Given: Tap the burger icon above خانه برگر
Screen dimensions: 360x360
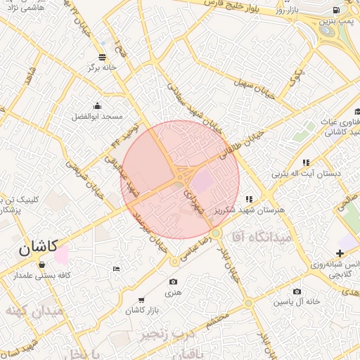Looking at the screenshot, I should click(103, 56).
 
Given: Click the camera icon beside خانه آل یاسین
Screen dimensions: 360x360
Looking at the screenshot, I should click(297, 291).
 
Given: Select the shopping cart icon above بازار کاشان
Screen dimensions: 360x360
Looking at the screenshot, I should click(143, 300).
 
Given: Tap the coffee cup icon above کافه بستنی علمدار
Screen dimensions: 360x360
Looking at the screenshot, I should click(42, 265).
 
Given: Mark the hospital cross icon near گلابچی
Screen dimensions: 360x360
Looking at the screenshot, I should click(341, 253).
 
